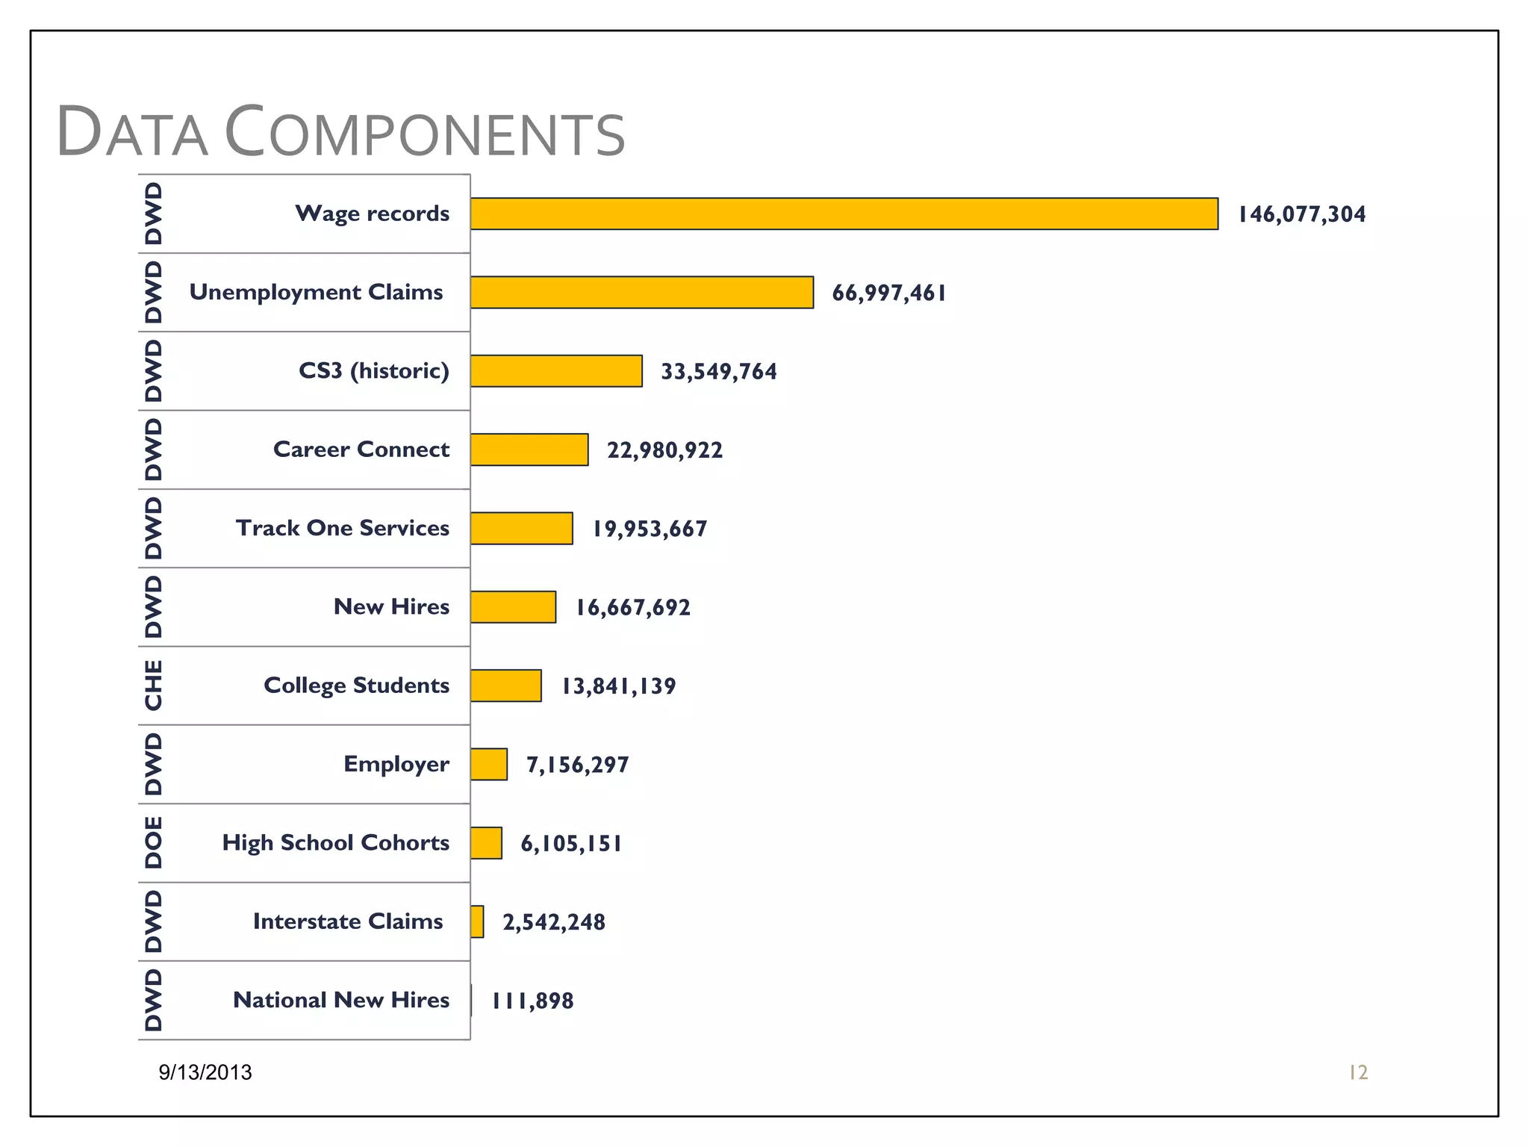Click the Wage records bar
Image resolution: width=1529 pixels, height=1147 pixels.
pos(844,214)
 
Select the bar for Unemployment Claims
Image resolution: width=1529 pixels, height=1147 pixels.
pos(642,292)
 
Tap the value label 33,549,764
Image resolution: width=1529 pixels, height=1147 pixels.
pos(718,371)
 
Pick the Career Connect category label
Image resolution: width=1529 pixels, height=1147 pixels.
pos(361,449)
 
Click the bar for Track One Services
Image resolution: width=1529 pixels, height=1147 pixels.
pos(522,528)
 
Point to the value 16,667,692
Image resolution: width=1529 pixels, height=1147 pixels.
pos(632,607)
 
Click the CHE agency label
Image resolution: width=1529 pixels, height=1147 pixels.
pos(153,685)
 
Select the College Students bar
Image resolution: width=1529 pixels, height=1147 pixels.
pos(506,686)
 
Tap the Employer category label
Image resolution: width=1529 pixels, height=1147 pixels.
pos(396,764)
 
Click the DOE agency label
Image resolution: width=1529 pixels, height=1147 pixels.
pos(153,842)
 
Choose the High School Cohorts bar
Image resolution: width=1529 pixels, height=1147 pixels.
pos(486,843)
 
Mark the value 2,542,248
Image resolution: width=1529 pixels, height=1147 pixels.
pos(553,922)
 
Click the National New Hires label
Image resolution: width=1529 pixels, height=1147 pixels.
pos(341,1000)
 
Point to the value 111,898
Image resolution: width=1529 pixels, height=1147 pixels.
pos(532,1001)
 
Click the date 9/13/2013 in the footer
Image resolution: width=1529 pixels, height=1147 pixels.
pos(205,1072)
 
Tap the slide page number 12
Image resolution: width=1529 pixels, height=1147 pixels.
pos(1357,1072)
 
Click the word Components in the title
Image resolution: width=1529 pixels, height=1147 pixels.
pos(424,133)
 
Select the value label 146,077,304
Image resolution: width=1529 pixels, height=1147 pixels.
pos(1301,214)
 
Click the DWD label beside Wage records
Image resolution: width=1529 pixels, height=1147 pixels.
pos(153,214)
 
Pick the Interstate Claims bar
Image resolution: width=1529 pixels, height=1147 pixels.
pos(477,921)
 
